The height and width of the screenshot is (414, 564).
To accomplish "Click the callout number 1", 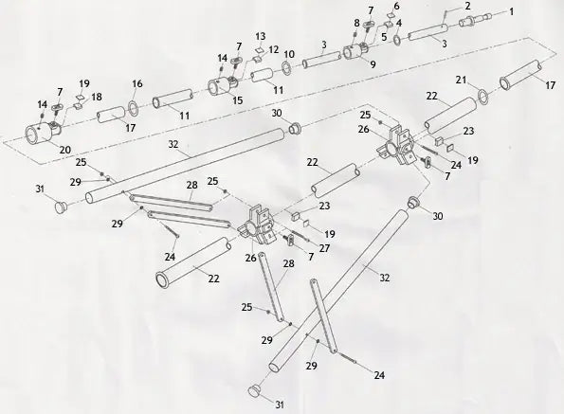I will coord(512,12).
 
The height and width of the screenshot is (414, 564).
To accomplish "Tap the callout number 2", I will coord(466,8).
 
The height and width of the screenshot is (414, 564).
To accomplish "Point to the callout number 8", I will coord(356,23).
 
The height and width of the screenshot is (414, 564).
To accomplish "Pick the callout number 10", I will coord(289,54).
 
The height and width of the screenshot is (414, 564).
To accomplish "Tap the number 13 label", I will coord(260,36).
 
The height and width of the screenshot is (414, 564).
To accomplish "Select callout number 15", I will coord(237,99).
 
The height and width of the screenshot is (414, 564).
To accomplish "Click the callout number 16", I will coord(137,84).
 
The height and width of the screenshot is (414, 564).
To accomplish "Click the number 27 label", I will coord(325,248).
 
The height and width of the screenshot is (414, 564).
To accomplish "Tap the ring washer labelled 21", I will coord(482,94).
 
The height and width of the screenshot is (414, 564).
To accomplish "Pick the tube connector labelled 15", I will coord(224,87).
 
